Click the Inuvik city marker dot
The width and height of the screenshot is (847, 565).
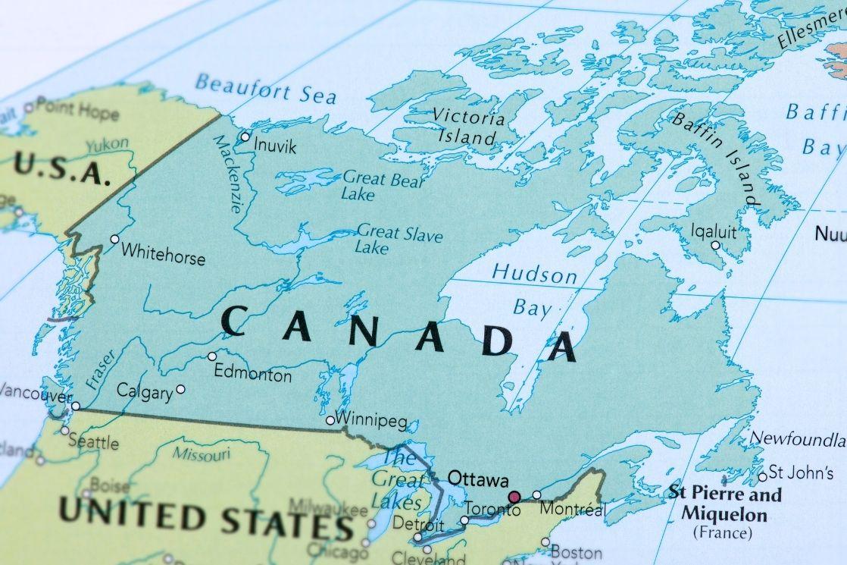click(245, 137)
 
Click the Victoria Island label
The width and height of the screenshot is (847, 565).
click(467, 127)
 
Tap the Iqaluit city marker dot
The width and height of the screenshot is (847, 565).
click(715, 245)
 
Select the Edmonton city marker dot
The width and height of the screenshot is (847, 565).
click(212, 356)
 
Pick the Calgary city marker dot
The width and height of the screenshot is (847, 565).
click(180, 389)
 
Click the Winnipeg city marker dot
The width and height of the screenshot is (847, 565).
click(330, 420)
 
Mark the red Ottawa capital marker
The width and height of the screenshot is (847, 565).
click(514, 497)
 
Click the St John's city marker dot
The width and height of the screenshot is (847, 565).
click(763, 477)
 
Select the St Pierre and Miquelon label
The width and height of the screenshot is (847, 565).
click(724, 504)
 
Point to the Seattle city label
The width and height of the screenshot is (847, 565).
click(93, 442)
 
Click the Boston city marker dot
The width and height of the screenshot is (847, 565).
click(545, 541)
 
